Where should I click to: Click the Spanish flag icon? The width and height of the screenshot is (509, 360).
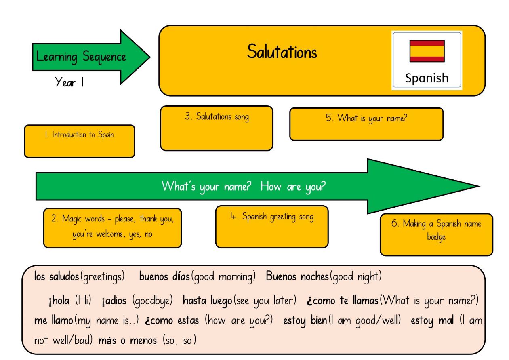coord(427,51)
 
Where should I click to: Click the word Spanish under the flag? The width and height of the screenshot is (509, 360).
coord(427,78)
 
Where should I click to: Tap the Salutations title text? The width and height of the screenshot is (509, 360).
coord(282,52)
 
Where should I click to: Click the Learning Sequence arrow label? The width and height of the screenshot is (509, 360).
coord(81,57)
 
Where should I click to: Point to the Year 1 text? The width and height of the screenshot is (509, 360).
coord(69,82)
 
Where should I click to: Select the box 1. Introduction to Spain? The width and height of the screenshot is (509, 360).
coord(80,141)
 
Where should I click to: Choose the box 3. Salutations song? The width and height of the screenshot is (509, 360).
coord(217,128)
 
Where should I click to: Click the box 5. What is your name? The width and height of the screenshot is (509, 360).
coord(366,124)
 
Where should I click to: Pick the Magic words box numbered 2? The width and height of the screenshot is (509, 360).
coord(112,228)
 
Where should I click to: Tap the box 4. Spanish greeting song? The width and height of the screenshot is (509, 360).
coord(272,227)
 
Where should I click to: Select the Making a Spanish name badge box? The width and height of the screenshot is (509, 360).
coord(436,234)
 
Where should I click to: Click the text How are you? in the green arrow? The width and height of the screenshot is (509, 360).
coord(293,187)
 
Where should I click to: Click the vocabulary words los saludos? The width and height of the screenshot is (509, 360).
coord(57,277)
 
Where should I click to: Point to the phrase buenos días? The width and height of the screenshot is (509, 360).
coord(164,277)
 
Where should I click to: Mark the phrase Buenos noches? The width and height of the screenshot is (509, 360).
coord(297,277)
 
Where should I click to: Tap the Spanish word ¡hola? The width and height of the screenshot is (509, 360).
coord(59,301)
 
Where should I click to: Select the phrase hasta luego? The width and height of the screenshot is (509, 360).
coord(208,301)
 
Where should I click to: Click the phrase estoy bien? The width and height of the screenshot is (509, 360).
coord(305,321)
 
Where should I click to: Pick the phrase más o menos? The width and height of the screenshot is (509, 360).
coord(128,341)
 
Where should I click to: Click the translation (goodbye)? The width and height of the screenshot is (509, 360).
coord(152,301)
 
